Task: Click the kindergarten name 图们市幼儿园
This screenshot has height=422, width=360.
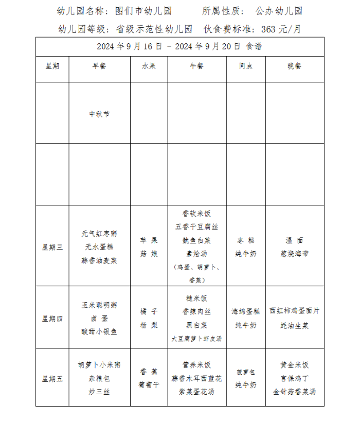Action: tap(145, 11)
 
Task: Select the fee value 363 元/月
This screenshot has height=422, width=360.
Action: tap(281, 29)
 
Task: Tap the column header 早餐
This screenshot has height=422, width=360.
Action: tap(99, 66)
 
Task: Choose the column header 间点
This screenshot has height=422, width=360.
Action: tap(246, 66)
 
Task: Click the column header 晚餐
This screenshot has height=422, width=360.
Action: tap(295, 66)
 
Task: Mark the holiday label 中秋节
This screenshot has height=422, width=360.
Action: tap(99, 114)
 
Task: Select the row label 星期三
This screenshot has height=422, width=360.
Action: tap(52, 247)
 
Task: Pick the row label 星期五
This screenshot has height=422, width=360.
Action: tap(52, 379)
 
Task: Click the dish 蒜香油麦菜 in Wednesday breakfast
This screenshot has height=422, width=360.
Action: tap(99, 260)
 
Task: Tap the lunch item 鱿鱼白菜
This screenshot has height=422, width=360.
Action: tap(196, 240)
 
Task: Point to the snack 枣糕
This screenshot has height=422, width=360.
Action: tap(246, 240)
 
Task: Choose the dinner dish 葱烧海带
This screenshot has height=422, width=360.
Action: tap(295, 254)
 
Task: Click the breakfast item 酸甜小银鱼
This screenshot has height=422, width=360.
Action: tap(99, 332)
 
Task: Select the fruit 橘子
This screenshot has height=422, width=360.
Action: tap(149, 312)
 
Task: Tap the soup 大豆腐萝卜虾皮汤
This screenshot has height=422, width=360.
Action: tap(196, 339)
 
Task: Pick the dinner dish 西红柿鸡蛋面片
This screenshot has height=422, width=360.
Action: tap(295, 312)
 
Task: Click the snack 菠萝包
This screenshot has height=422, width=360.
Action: tap(246, 372)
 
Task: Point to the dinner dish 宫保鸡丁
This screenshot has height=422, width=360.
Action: tap(295, 379)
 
